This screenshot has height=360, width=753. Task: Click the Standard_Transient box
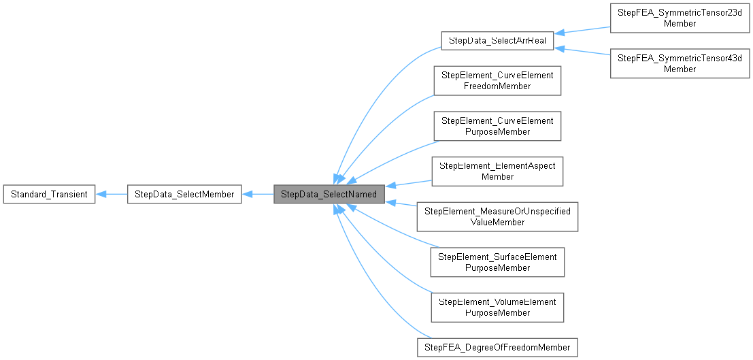[49, 195]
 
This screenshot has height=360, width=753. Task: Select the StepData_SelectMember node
[184, 195]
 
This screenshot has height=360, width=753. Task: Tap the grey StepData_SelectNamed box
[329, 195]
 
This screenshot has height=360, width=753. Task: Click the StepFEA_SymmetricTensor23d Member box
[680, 18]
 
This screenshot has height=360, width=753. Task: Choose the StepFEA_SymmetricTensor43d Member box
[680, 63]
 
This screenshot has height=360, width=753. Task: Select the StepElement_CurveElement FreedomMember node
[497, 81]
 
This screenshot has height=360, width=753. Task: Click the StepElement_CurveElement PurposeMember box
[497, 126]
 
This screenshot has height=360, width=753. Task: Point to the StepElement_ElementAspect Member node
[497, 171]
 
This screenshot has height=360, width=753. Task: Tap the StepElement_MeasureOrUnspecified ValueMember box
[497, 216]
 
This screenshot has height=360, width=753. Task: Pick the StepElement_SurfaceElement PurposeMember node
[497, 262]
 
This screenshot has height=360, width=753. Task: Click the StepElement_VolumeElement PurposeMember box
[497, 307]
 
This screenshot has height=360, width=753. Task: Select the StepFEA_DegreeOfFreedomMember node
[497, 347]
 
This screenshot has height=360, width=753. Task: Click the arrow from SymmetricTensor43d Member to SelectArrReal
[582, 52]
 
